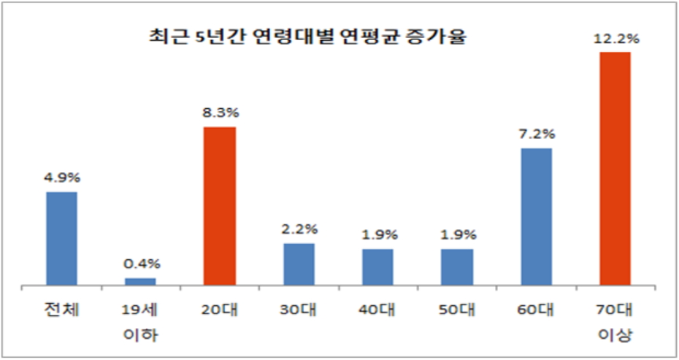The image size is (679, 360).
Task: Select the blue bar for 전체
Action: [61, 238]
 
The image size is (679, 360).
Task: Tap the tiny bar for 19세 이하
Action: [140, 280]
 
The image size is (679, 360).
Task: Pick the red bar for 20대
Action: [220, 205]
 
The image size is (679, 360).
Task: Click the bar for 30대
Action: [299, 264]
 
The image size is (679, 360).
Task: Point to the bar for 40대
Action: [377, 267]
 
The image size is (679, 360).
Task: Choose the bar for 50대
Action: [457, 267]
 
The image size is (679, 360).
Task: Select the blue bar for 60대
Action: [536, 216]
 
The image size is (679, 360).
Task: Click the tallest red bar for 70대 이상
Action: [615, 168]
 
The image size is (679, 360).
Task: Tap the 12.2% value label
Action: [615, 39]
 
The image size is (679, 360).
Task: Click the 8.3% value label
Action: [220, 113]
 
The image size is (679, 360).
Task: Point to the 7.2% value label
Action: [536, 134]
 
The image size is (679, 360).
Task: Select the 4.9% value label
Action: [61, 177]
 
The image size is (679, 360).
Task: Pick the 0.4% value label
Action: [140, 264]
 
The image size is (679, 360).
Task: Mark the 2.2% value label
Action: [299, 229]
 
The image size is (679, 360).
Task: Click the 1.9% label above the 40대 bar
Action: [377, 235]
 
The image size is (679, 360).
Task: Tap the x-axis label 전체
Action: [61, 310]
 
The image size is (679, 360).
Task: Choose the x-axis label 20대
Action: [220, 310]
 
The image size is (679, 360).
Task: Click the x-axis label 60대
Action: [536, 310]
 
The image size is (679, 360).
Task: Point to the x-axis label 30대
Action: [299, 310]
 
